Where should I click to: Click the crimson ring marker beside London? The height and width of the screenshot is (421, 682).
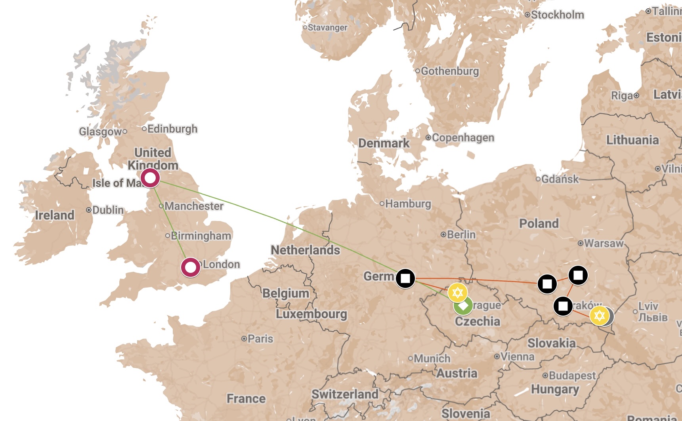point(191,267)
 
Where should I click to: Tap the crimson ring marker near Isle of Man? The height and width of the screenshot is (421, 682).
point(150,178)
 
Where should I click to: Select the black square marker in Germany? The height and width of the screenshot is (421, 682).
point(405,278)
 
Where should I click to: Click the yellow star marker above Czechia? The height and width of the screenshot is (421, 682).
point(457,293)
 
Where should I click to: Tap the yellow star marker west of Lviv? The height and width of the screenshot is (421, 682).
point(599,316)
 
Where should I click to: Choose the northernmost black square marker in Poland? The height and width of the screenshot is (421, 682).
point(578,275)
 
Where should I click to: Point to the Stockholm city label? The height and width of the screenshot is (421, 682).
point(557,15)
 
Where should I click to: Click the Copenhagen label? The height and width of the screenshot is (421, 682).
point(463,138)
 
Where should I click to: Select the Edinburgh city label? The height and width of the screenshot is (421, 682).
point(172,129)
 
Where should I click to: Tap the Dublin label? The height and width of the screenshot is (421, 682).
point(108,210)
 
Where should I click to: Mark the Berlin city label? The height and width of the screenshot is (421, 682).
point(461,234)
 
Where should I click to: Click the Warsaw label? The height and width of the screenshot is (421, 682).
point(604,243)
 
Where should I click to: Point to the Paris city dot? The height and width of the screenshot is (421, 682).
point(244,339)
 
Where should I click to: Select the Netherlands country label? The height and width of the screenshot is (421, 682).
point(305,250)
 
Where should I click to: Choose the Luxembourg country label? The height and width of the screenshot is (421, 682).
point(311,314)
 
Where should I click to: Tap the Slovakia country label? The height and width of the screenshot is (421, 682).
point(551,343)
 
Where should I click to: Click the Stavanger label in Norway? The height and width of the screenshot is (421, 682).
point(327,28)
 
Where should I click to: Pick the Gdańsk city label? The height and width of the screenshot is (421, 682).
point(560,179)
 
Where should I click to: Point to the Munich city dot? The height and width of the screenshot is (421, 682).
point(411,358)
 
